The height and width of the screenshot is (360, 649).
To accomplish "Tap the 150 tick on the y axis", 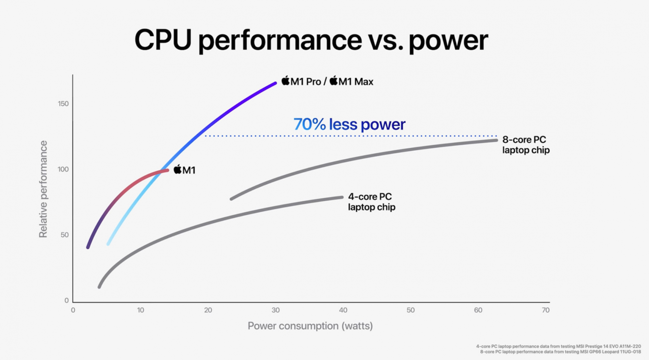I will click(63, 104).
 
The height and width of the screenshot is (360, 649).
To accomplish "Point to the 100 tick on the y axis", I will click(63, 169).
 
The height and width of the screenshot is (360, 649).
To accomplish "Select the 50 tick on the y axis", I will click(65, 235).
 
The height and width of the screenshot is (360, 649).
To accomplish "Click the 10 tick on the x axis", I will click(141, 310).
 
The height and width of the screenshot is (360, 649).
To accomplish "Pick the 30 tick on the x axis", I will click(276, 310).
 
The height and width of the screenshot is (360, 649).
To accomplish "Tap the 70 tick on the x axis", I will click(545, 310).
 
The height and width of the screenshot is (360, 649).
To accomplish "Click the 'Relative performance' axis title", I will click(43, 189).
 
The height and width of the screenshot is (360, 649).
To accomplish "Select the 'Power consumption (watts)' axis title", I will click(310, 326).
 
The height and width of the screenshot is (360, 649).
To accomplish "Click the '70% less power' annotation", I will click(349, 124).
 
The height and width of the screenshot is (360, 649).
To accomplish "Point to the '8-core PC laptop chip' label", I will click(526, 145).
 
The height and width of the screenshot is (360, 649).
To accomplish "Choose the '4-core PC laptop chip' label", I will click(372, 202).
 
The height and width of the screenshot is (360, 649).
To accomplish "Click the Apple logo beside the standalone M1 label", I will click(178, 169).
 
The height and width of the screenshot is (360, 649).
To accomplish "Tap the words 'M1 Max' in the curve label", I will click(356, 82).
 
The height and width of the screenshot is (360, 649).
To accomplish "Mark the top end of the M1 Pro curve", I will click(275, 83).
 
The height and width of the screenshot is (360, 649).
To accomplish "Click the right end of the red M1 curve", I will click(167, 170).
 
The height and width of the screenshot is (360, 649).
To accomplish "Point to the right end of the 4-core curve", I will click(342, 197).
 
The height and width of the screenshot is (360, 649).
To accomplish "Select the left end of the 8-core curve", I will click(231, 199).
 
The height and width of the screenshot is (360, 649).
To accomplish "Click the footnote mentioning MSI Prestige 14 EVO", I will click(558, 347).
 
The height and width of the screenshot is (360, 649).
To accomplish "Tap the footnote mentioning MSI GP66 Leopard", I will click(560, 352).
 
